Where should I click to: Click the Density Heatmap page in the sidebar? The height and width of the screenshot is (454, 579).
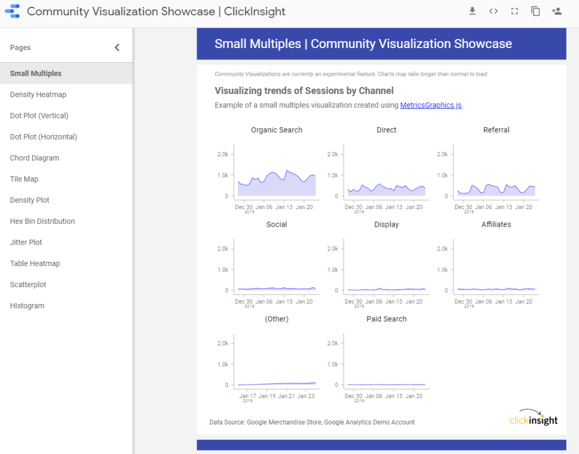(38, 94)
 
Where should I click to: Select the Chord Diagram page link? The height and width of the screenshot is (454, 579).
(34, 158)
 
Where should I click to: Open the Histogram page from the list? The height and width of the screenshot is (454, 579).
(27, 306)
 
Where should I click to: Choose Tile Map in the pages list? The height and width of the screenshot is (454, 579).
(24, 179)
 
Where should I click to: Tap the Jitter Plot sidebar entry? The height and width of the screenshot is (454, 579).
(26, 243)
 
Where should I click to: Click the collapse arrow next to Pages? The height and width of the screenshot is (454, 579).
(117, 47)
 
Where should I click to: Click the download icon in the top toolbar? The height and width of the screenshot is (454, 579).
(472, 11)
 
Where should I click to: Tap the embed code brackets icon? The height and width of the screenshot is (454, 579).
(494, 11)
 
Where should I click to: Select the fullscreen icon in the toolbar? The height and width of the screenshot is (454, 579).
(515, 11)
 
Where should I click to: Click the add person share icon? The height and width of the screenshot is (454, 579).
(557, 11)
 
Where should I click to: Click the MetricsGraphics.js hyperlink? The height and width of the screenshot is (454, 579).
(431, 105)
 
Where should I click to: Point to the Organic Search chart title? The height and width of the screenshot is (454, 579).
(276, 130)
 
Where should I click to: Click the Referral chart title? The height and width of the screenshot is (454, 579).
(496, 130)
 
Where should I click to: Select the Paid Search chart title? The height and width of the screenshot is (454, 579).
(386, 319)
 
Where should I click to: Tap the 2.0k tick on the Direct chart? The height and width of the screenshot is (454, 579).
(333, 154)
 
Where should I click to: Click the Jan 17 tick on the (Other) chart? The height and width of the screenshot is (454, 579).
(244, 396)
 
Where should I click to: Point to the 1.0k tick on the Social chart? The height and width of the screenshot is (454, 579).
(223, 270)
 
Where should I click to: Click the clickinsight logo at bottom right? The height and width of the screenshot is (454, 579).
(533, 418)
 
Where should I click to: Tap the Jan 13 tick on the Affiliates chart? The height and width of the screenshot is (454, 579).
(504, 301)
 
